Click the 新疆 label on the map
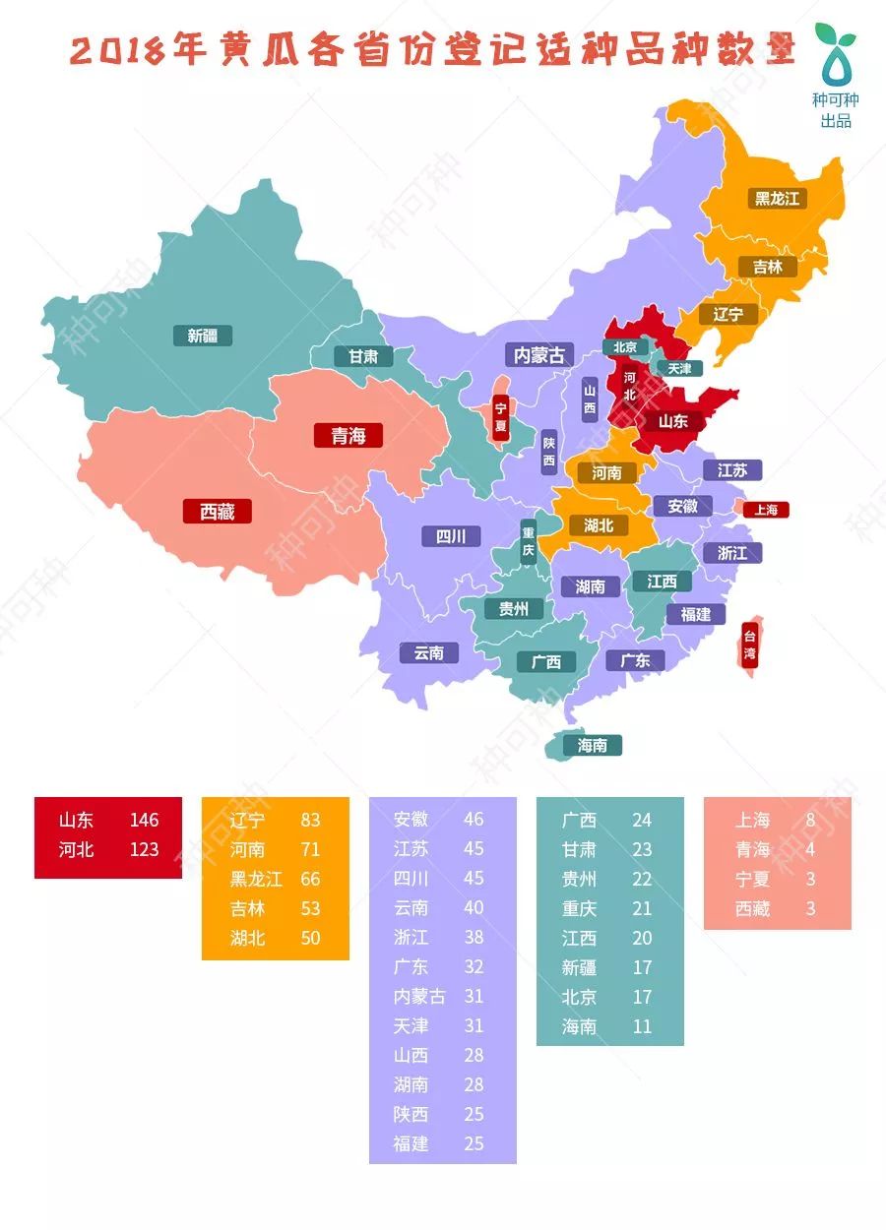coord(202,336)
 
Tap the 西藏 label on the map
coord(218,512)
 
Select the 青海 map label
coord(348,435)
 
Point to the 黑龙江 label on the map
coord(777,199)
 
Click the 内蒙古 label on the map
coord(539,354)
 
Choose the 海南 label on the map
coord(592,746)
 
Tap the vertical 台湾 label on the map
coord(749,646)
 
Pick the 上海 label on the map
coord(766,510)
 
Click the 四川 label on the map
coord(451,536)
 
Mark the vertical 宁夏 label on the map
coord(500,417)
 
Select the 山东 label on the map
coord(673,421)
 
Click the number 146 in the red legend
coord(144,820)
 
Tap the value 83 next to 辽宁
coord(311,820)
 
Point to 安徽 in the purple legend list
coord(411,820)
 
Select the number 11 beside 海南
coord(642,1026)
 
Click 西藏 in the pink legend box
coord(753,908)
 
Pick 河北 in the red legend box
coord(76,849)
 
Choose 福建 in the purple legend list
coord(411,1144)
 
